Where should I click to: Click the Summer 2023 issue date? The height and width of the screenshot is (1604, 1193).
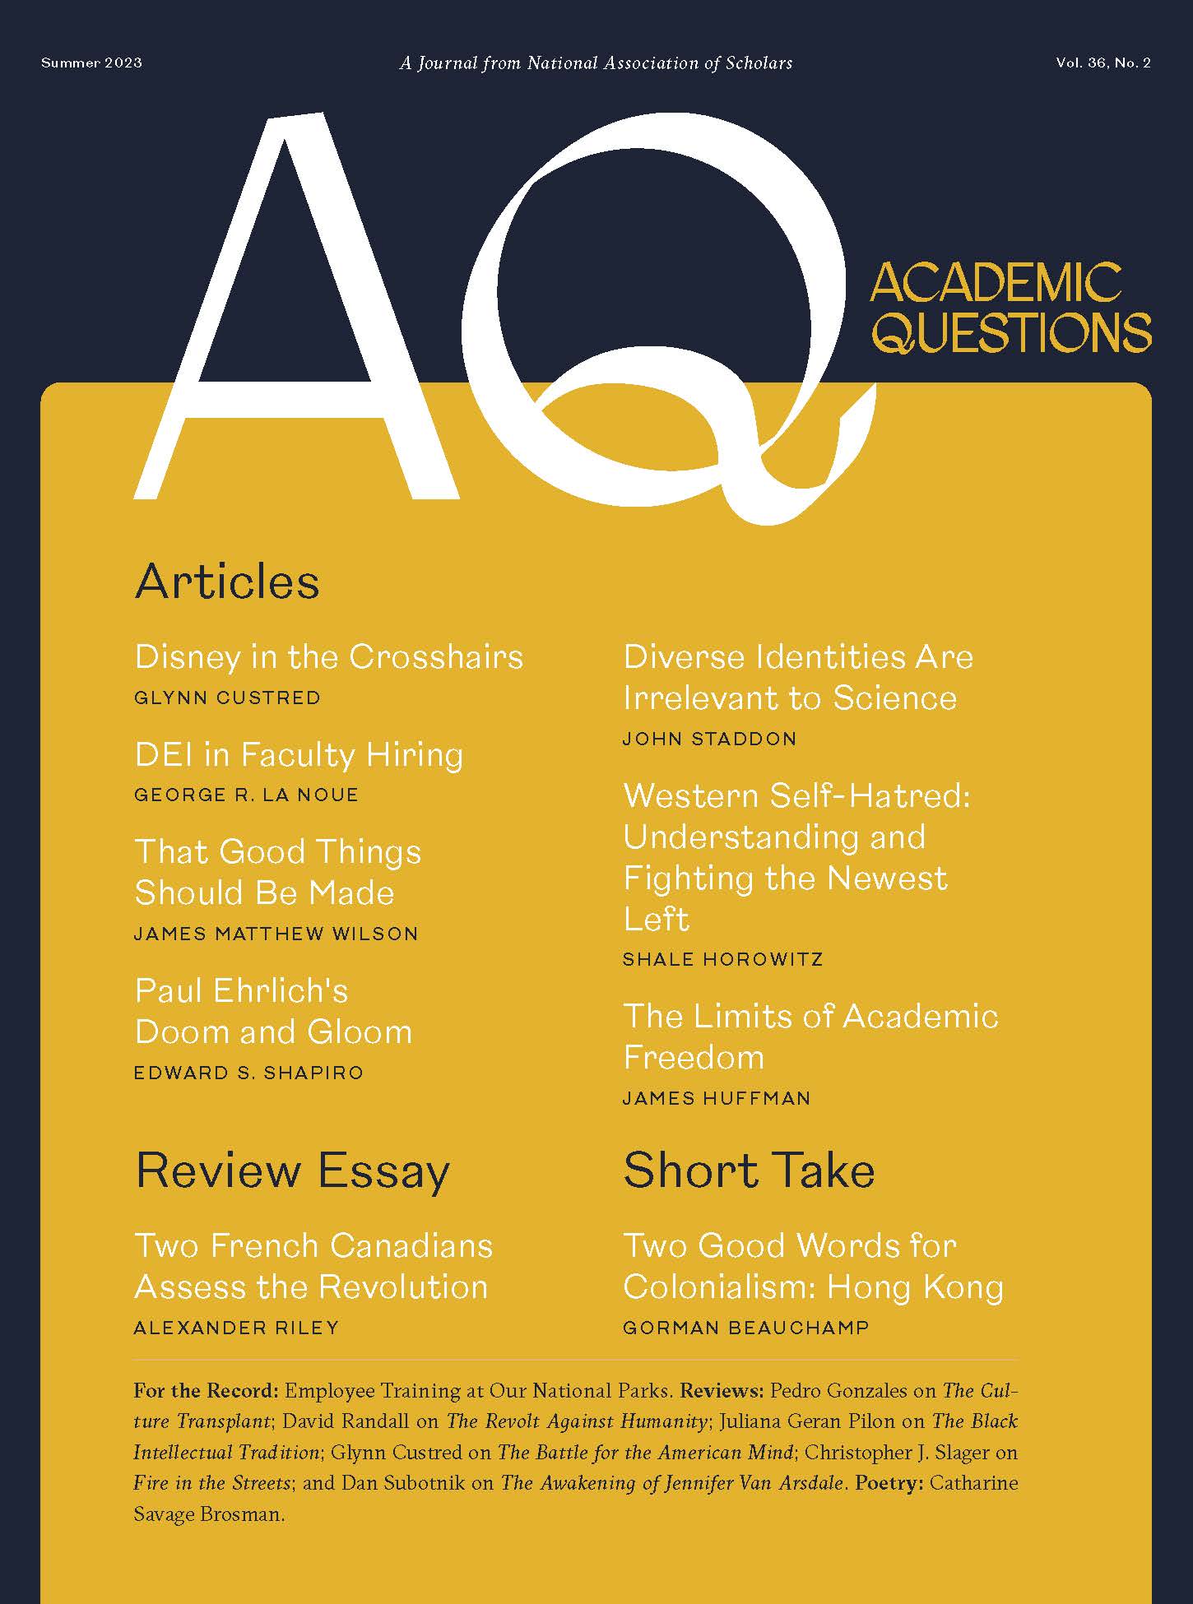pos(91,63)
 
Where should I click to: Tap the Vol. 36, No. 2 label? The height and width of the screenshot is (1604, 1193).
pos(1102,63)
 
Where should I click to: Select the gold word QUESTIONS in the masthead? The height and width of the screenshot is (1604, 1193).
pos(1012,331)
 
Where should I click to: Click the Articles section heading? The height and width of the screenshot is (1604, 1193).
pos(227,582)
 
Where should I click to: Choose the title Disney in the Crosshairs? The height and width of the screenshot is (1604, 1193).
pos(328,656)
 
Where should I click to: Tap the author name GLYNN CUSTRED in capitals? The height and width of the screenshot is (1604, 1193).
pos(227,698)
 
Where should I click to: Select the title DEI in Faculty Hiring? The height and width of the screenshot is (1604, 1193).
pos(299,754)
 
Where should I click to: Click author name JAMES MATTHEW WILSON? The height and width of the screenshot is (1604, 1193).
pos(276,934)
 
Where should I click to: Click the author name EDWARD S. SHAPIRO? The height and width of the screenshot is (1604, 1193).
pos(248,1073)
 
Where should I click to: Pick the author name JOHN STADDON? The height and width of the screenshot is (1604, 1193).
pos(709,739)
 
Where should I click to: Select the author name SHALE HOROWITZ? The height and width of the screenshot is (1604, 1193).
pos(722,959)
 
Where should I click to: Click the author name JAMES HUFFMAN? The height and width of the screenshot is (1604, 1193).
pos(717,1098)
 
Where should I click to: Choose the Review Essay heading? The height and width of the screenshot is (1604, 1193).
pos(292,1171)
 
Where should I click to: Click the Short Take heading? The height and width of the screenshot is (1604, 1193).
pos(749,1171)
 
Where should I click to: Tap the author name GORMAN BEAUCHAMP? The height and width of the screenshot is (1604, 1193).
pos(745,1328)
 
